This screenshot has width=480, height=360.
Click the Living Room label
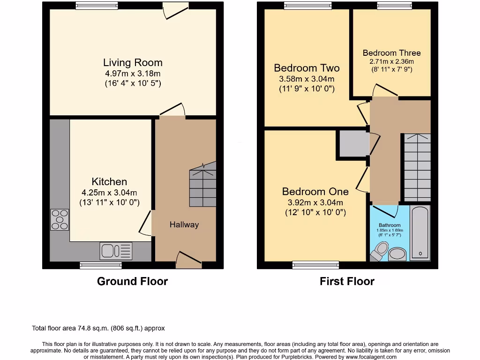coord(133,63)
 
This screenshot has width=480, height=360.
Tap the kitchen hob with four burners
coord(60,219)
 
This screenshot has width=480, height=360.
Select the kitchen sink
coord(115,251)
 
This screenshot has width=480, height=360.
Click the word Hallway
coord(184,225)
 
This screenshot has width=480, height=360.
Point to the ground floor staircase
coord(202,185)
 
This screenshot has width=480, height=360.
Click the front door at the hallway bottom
coord(188,260)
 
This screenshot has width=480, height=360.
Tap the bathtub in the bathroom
coord(420,232)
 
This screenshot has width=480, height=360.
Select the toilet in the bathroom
coord(380,250)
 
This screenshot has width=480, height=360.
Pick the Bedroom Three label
coord(391,53)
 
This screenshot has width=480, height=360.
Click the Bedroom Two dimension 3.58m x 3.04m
coord(307,79)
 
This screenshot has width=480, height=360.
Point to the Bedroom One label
coord(315,192)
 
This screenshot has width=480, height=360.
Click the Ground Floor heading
coord(132,281)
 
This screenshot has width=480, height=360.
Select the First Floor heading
coord(347,281)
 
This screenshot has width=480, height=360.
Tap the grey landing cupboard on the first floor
coord(353,144)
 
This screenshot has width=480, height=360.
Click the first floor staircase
coord(417,166)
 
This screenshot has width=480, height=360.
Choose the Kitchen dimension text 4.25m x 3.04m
coord(109,193)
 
